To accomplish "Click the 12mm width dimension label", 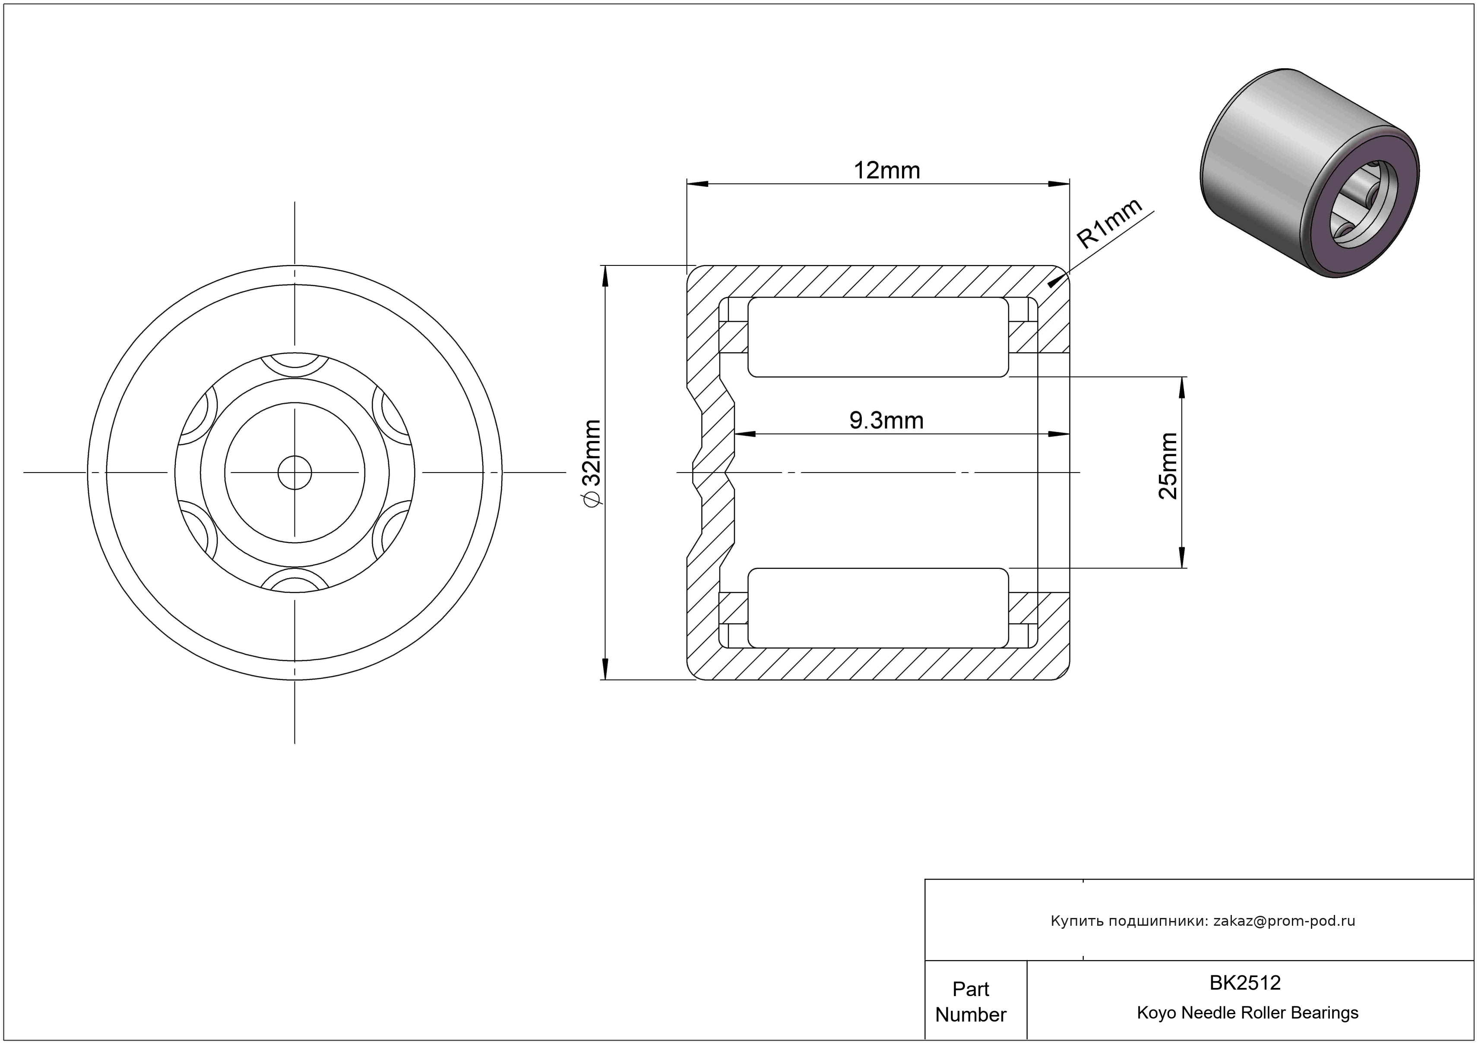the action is [x=886, y=170].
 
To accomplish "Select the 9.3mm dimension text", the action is [x=886, y=421].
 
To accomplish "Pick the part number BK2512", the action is [x=1245, y=983].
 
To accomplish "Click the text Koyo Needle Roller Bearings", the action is [x=1247, y=1013].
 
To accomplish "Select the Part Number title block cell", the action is [x=971, y=1002].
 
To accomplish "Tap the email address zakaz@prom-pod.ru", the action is [x=1284, y=921].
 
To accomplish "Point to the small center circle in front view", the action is [x=295, y=473].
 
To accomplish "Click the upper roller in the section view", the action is [x=878, y=337].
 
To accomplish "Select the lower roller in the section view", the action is [x=878, y=608].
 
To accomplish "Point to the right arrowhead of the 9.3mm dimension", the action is [x=1059, y=434].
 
